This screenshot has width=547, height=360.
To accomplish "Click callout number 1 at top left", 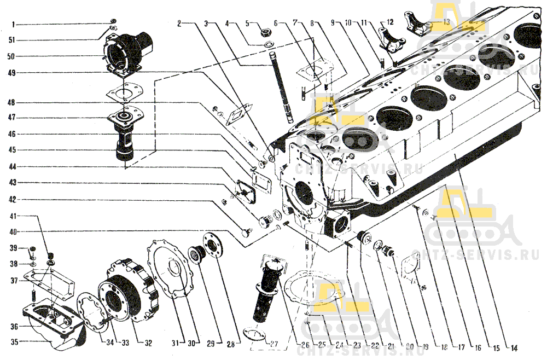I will tap(14, 25).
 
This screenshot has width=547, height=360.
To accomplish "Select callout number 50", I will tap(11, 56).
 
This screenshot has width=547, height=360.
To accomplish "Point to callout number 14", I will tap(514, 348).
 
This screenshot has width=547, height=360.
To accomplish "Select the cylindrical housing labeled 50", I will tap(131, 49).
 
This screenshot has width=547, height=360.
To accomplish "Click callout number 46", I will tap(11, 133).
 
